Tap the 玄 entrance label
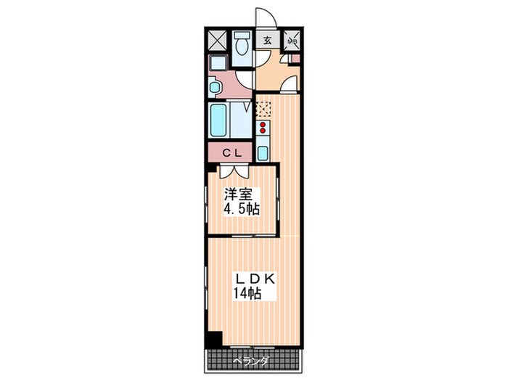tap(267, 41)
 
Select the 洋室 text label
tap(234, 194)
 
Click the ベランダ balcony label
tap(251, 360)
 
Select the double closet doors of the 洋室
tap(234, 171)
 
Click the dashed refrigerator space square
tap(262, 110)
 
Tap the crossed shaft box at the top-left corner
tap(217, 41)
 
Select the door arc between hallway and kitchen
tap(287, 86)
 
